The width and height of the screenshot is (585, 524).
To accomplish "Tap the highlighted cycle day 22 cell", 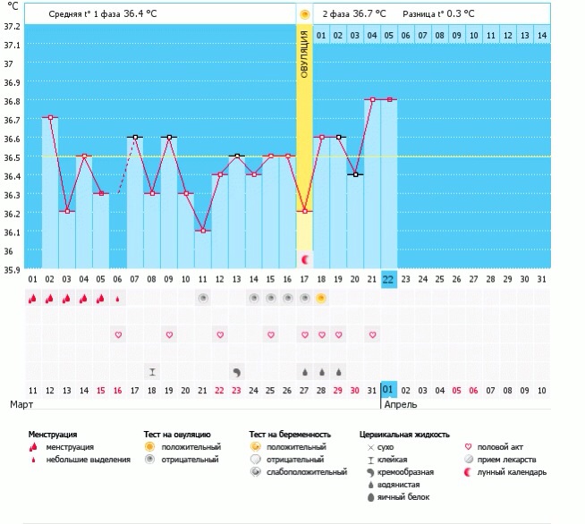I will [x=389, y=279].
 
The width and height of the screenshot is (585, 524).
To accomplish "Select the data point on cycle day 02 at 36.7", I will [x=50, y=117].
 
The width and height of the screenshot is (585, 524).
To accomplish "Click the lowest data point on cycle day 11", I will [x=203, y=231].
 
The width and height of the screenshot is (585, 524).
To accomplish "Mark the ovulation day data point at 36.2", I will [x=305, y=211].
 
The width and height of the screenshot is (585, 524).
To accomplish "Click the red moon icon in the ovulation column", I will [x=305, y=259].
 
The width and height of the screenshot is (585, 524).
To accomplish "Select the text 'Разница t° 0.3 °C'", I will [x=439, y=14].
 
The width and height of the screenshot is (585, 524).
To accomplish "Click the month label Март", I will [x=21, y=404].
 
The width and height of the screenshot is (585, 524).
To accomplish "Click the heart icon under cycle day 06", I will [x=117, y=334].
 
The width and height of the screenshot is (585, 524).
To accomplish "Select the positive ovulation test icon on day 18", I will [x=321, y=299].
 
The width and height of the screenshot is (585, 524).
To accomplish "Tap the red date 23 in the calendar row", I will [x=236, y=390].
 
